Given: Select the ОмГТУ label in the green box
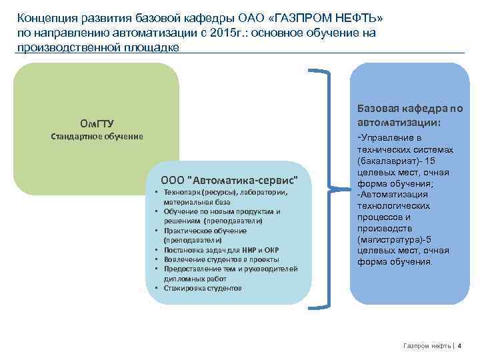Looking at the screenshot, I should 97,123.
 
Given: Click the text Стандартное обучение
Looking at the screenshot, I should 97,136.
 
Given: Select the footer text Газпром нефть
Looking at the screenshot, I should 427,345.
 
